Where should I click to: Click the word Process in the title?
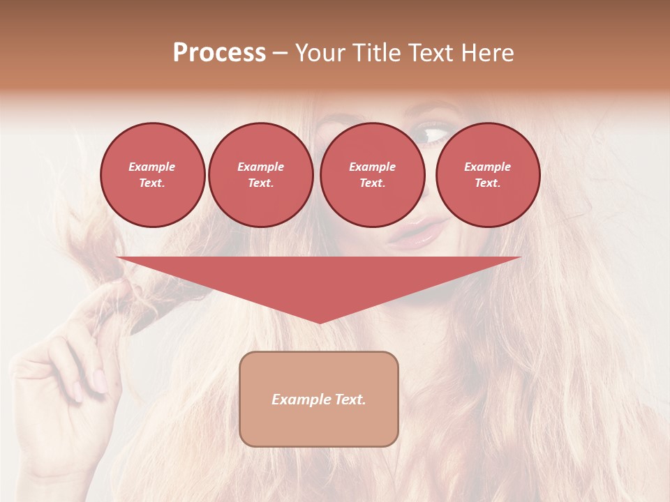coord(219,53)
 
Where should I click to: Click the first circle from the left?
coord(152,175)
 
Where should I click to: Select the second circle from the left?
coord(260,175)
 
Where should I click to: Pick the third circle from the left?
coord(372,175)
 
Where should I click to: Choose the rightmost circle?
coord(487,175)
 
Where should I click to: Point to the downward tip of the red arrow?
coord(320,322)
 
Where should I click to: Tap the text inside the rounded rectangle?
coord(319,400)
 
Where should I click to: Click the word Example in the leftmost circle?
coord(152,167)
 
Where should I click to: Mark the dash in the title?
coord(281,53)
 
